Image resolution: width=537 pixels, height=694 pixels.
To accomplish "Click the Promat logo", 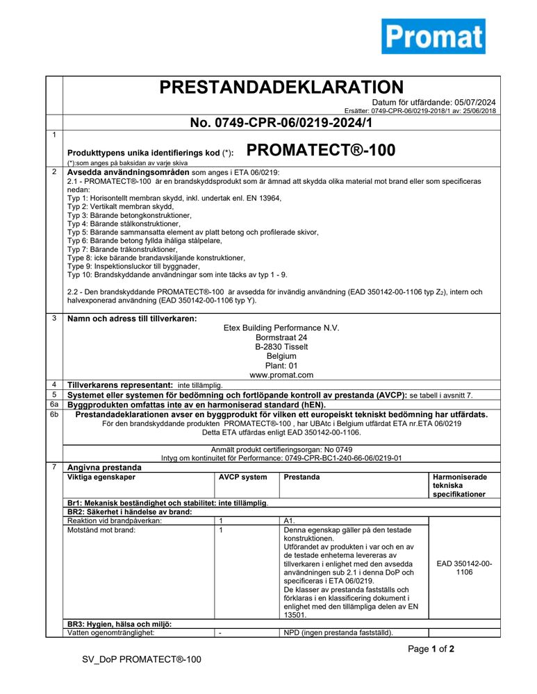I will pos(433,36).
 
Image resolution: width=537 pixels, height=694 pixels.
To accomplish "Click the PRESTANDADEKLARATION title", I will pos(281,87).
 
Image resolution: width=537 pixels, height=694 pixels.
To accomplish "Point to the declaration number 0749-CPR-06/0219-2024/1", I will pos(281,123).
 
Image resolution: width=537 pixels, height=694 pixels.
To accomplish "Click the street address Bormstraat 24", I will pos(281,337).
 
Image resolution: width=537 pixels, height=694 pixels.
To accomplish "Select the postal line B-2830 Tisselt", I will pos(281,346).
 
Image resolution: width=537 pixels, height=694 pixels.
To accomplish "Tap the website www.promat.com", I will pos(281,375).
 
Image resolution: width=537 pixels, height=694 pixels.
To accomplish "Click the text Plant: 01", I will pos(281,365).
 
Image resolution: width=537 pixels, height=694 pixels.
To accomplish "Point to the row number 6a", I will pos(54,404).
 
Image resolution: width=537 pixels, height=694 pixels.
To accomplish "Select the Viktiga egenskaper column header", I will pos(101,477).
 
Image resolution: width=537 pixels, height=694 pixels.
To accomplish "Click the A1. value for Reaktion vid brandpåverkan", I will pos(290,520).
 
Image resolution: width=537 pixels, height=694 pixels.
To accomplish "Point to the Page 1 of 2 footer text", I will pos(431,650).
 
